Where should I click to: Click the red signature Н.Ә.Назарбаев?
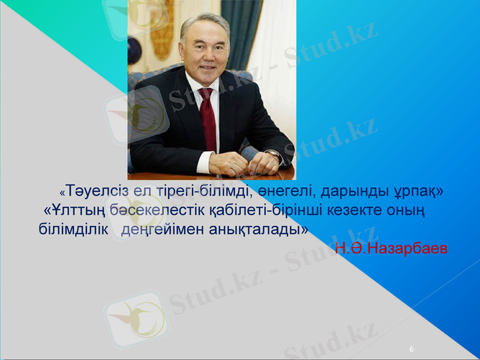[391, 248]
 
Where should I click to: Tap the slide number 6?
[412, 349]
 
